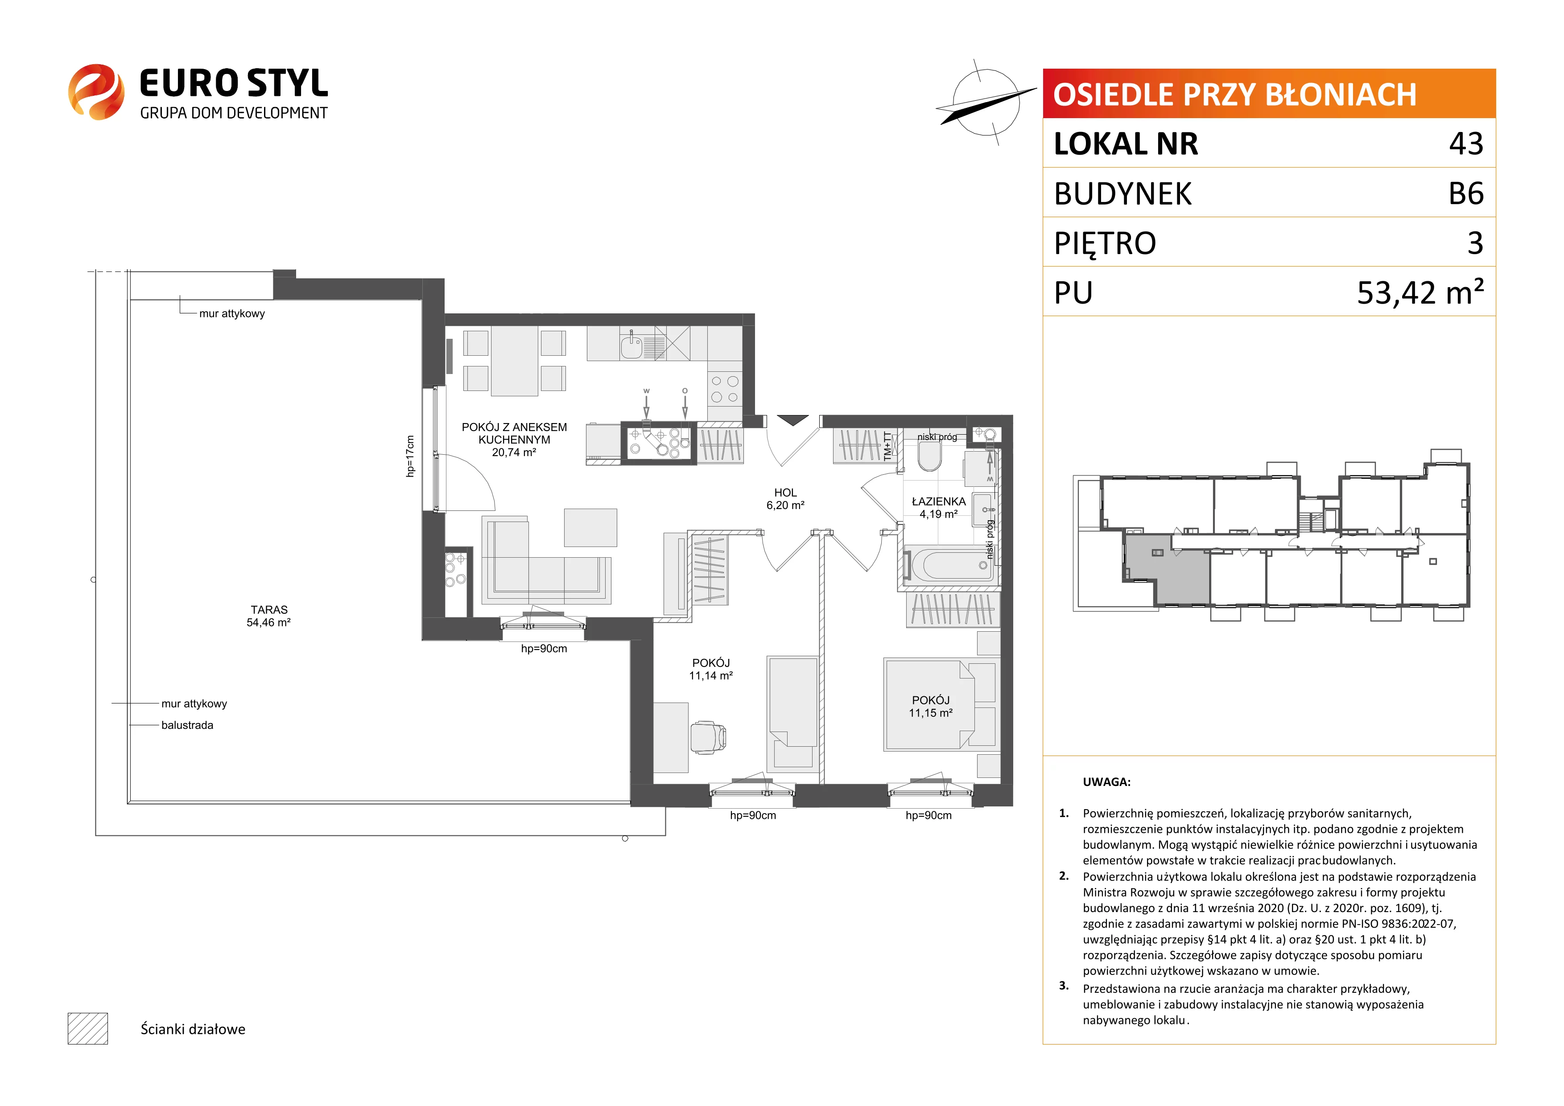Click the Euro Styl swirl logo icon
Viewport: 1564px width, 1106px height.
tap(96, 92)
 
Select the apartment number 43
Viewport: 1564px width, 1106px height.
tap(1466, 144)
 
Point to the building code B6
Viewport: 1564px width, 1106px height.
tap(1466, 193)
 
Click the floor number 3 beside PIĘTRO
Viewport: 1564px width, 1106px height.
tap(1475, 243)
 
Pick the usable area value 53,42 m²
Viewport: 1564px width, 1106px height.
tap(1420, 292)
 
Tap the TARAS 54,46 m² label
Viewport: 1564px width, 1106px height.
tap(269, 616)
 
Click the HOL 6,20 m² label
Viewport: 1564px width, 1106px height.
tap(785, 498)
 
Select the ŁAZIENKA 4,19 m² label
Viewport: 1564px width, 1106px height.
tap(939, 507)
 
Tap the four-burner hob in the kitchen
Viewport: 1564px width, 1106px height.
tap(723, 389)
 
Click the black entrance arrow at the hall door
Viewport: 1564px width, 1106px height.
tap(792, 420)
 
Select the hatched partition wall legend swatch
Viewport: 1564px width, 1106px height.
tap(88, 1028)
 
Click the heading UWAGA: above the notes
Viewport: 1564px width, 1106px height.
tap(1106, 782)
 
